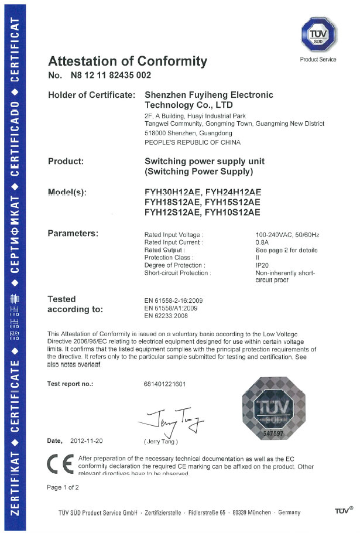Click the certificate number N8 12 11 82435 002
click(x=111, y=75)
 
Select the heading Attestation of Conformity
click(x=128, y=61)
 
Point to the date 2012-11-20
click(x=85, y=440)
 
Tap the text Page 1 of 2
click(x=63, y=487)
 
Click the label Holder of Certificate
click(x=91, y=95)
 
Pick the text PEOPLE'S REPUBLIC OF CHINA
click(x=192, y=142)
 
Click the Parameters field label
click(x=73, y=234)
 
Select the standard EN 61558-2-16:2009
click(x=177, y=300)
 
